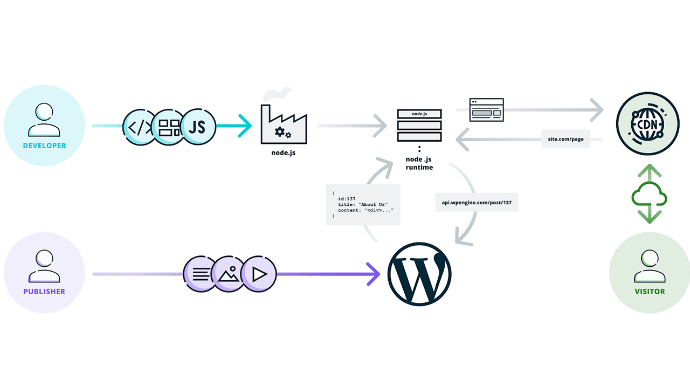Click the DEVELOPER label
click(44, 145)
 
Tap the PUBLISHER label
click(44, 292)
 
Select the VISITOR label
click(650, 292)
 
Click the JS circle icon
click(198, 127)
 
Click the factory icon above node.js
click(284, 124)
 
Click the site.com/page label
click(565, 139)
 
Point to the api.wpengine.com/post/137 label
click(477, 202)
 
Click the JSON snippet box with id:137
click(363, 204)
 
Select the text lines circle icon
click(201, 274)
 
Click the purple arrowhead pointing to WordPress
click(373, 274)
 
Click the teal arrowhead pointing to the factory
click(245, 126)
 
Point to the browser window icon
click(486, 110)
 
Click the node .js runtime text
click(419, 163)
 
